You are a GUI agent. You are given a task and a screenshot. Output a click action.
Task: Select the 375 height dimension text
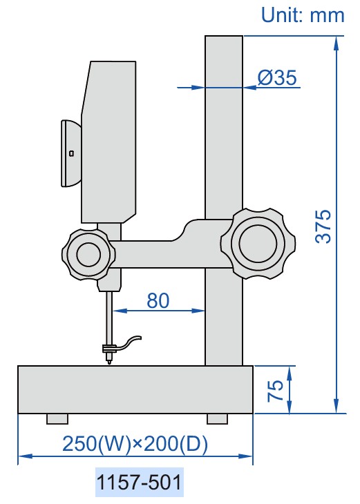(323, 226)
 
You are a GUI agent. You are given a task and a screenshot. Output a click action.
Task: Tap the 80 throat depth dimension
(158, 300)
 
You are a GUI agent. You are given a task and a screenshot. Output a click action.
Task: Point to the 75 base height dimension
(275, 390)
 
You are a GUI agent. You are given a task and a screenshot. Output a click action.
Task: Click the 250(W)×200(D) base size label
(135, 443)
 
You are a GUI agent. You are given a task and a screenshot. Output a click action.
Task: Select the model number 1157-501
(139, 483)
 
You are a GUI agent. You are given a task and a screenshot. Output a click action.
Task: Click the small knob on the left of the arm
(88, 254)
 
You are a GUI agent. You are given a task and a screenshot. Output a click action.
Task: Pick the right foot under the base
(218, 418)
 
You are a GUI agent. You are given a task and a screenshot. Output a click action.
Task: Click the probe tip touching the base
(108, 362)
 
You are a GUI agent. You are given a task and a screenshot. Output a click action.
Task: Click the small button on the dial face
(71, 153)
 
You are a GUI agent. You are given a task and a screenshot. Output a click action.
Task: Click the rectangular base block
(135, 389)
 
